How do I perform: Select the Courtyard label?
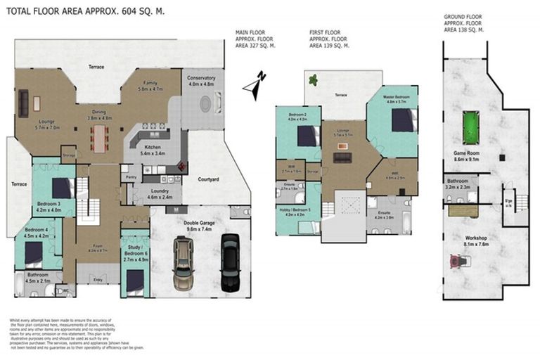point(207,180)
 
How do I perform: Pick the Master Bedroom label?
point(397,96)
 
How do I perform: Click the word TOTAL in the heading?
point(23,12)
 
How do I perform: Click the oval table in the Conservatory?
point(205,103)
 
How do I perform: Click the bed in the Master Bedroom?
point(403,120)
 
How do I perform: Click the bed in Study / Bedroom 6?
point(134,279)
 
